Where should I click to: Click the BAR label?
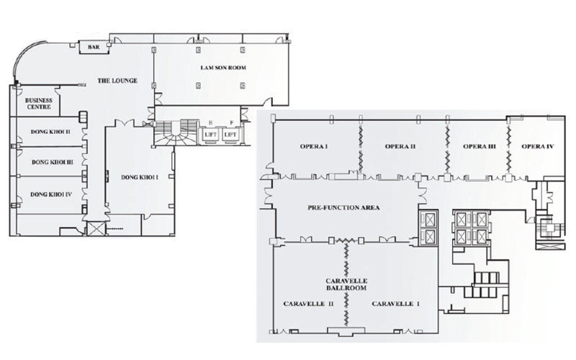pyautogui.click(x=94, y=47)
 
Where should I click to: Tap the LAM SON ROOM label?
pyautogui.click(x=223, y=68)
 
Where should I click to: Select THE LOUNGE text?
pyautogui.click(x=117, y=81)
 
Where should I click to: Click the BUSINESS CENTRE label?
pyautogui.click(x=39, y=103)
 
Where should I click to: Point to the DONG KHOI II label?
pyautogui.click(x=50, y=132)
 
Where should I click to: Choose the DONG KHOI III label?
pyautogui.click(x=52, y=162)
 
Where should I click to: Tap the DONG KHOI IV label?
pyautogui.click(x=51, y=194)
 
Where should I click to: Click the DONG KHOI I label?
pyautogui.click(x=140, y=177)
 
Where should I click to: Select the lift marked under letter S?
pyautogui.click(x=210, y=135)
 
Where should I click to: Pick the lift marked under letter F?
pyautogui.click(x=230, y=135)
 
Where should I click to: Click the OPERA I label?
pyautogui.click(x=314, y=147)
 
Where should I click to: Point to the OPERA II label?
pyautogui.click(x=400, y=147)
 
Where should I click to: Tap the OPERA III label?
pyautogui.click(x=480, y=147)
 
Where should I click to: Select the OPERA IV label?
pyautogui.click(x=538, y=147)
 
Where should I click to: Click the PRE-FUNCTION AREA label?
pyautogui.click(x=344, y=207)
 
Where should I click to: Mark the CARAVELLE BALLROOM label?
pyautogui.click(x=346, y=284)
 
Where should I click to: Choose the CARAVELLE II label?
pyautogui.click(x=309, y=304)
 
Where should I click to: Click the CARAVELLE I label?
pyautogui.click(x=395, y=304)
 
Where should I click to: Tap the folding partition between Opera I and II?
pyautogui.click(x=361, y=149)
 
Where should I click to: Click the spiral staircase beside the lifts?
pyautogui.click(x=176, y=133)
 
